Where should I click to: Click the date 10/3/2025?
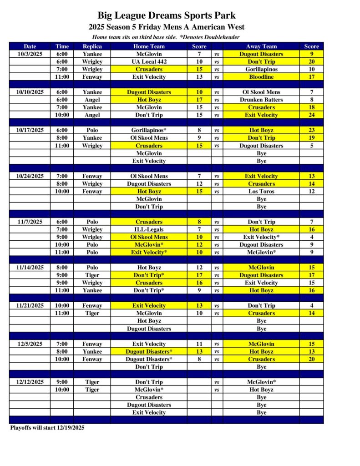(x=30, y=54)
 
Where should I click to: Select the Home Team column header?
(x=149, y=46)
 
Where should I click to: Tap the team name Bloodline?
(x=261, y=77)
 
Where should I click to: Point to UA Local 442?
(x=149, y=61)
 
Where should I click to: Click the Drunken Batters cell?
(x=261, y=100)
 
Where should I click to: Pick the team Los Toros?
(x=261, y=192)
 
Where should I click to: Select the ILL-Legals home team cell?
(x=149, y=229)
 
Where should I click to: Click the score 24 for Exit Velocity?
(x=311, y=115)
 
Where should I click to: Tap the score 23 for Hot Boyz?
(x=311, y=130)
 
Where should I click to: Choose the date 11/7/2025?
(x=30, y=222)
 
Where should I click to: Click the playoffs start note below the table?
(x=47, y=428)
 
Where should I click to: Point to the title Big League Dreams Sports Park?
(x=167, y=16)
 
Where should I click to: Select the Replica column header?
(x=92, y=46)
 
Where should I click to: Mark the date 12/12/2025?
(x=30, y=382)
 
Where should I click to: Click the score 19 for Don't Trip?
(x=311, y=138)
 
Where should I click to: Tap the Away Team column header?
(x=261, y=46)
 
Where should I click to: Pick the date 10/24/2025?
(x=30, y=176)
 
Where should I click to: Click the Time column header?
(x=62, y=46)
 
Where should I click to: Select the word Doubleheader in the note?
(x=222, y=37)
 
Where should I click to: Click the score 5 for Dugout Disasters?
(x=311, y=146)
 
